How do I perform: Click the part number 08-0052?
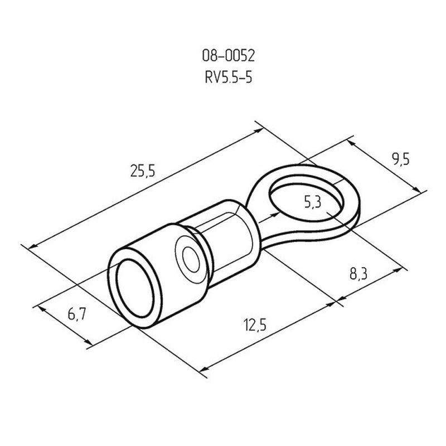pos(228,56)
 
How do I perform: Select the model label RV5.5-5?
pos(229,77)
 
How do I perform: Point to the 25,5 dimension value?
pos(143,171)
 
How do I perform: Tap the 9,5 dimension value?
pos(401,159)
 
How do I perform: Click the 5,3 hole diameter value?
pos(313,202)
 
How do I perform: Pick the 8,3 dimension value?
pos(358,274)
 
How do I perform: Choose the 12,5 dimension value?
pos(255,325)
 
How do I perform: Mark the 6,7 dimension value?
pos(77,314)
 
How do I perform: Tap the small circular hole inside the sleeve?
pos(191,259)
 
